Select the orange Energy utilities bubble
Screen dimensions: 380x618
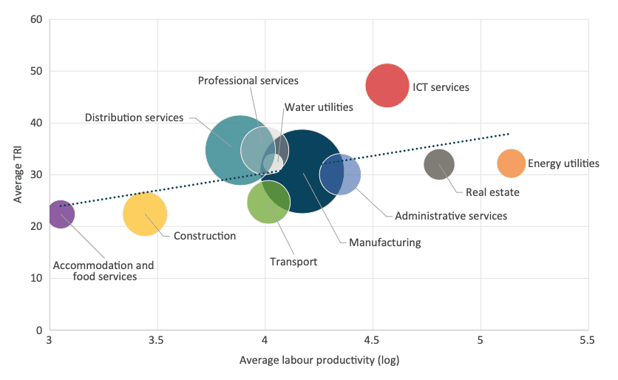(511, 163)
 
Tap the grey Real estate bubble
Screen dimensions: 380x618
(439, 164)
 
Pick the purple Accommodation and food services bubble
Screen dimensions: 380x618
(61, 214)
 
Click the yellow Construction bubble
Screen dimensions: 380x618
(145, 214)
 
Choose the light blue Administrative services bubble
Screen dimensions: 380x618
(342, 174)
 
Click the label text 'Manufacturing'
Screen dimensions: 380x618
(384, 242)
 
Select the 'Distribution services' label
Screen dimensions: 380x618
(134, 118)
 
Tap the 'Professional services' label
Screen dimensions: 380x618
(248, 80)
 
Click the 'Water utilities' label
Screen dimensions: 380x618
(319, 107)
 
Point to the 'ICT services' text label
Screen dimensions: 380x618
(441, 87)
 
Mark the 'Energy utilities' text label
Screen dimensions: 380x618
(563, 163)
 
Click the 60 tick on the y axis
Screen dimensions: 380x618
(35, 19)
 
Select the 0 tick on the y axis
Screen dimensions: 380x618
(38, 330)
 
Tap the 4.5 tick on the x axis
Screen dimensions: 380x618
(373, 343)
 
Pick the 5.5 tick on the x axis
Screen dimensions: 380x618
(588, 343)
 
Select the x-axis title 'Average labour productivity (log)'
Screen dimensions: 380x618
(319, 362)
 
